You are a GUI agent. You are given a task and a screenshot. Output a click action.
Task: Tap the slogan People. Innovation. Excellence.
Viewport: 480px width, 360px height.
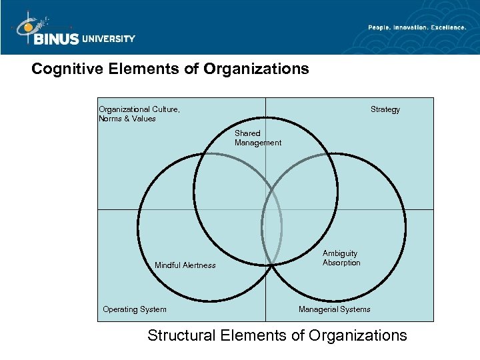pos(417,27)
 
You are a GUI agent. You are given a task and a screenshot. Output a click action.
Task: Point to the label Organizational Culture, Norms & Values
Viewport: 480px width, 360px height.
pos(139,114)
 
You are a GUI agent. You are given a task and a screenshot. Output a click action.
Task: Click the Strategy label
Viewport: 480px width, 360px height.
pos(385,109)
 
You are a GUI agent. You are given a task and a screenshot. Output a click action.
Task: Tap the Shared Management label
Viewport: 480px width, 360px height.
pos(257,138)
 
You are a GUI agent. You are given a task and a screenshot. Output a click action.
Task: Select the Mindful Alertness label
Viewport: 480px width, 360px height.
pos(185,265)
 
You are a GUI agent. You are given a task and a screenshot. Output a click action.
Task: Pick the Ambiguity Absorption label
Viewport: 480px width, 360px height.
pos(341,258)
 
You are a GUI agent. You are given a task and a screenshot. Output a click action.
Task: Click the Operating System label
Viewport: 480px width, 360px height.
pos(135,309)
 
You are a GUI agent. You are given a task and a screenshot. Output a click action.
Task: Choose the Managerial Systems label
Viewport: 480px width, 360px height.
pos(335,309)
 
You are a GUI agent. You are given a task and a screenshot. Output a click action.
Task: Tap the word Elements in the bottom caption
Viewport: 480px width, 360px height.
pos(253,335)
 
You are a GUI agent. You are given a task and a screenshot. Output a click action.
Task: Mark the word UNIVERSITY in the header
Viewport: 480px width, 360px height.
pos(108,39)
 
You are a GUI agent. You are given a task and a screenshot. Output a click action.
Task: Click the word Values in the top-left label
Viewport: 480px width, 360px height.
pos(144,119)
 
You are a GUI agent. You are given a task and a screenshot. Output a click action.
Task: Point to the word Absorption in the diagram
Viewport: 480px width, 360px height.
pos(341,263)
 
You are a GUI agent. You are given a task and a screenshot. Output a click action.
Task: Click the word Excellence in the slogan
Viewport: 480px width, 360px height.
pos(447,27)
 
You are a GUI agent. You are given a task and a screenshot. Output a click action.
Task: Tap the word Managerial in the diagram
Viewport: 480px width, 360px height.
pos(317,309)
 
